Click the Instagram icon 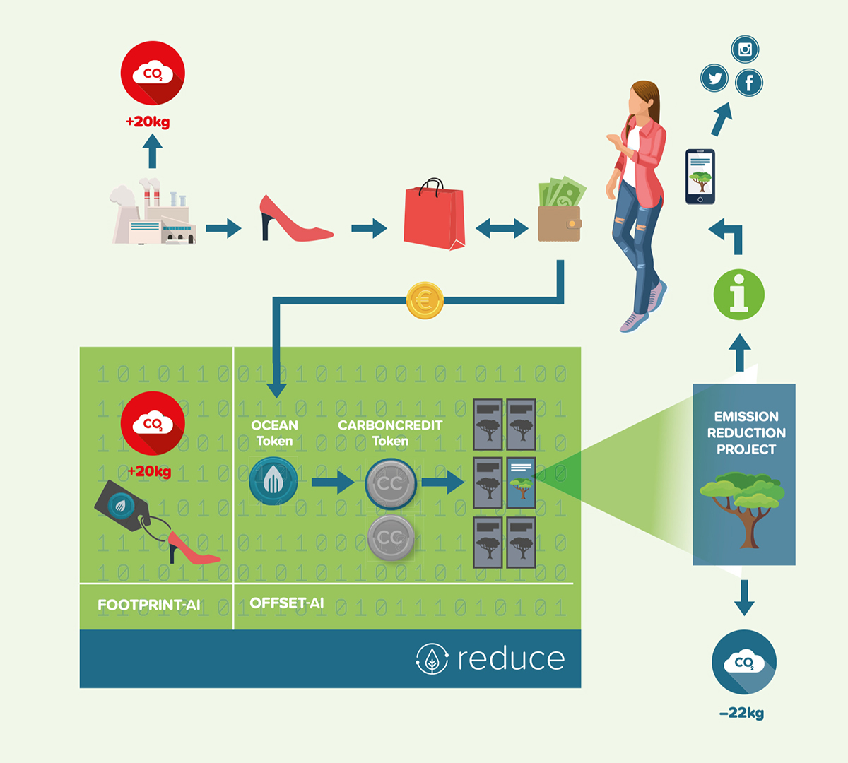tap(745, 49)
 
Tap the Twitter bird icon tap(714, 78)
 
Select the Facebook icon tap(749, 83)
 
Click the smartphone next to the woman tap(700, 177)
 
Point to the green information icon tap(739, 294)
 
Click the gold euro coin tap(425, 301)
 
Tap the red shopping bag tap(434, 216)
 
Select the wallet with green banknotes tap(560, 212)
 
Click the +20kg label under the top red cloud tap(148, 122)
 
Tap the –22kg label tap(741, 714)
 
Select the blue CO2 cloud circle tap(743, 662)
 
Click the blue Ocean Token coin tap(273, 481)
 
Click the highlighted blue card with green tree tap(522, 483)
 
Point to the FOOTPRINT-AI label tap(149, 605)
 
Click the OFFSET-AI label tap(287, 603)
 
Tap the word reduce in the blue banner tap(511, 659)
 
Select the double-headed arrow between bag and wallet tap(502, 227)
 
